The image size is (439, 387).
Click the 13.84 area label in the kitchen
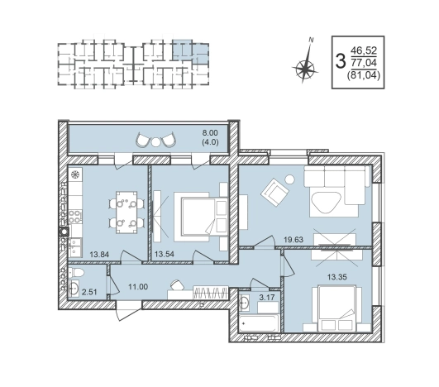coord(99,254)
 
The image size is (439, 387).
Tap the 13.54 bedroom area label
coord(165,254)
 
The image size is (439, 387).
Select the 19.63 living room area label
coord(293,240)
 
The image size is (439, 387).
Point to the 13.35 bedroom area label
coord(337,277)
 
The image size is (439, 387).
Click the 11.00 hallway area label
coord(138,287)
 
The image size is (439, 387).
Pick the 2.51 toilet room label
coord(89,292)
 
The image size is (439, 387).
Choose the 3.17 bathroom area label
coord(267,297)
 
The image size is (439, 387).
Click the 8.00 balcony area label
coord(210,133)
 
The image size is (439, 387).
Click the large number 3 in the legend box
coord(340,62)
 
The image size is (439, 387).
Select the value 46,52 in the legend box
coord(364,51)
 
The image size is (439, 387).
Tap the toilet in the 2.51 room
coord(75,272)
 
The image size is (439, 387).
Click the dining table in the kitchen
coord(126,213)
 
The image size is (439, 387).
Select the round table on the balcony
coord(156,141)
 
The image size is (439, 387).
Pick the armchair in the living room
coord(274,193)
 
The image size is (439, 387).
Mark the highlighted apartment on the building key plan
coord(190,52)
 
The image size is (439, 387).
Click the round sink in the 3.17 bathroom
coord(244,303)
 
